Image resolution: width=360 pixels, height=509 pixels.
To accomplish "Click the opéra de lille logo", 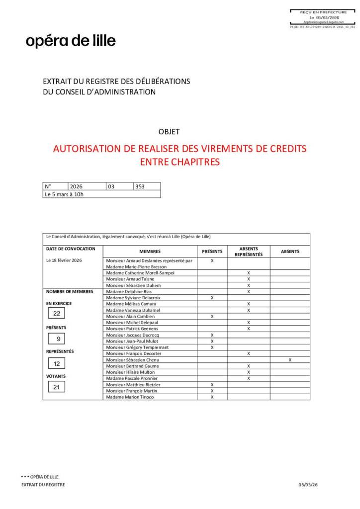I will coord(71,41).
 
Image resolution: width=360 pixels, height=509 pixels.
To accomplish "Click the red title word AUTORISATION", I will coord(87,149).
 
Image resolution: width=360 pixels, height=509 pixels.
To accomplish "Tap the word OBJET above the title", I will coord(169,132).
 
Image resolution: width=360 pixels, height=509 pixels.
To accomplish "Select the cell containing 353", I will coord(147,186).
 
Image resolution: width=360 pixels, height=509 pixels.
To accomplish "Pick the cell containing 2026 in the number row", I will coord(87,186).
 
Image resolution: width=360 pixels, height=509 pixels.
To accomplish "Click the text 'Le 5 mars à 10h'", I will coord(64,194).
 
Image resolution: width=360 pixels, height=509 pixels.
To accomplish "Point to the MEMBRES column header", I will coord(150,252).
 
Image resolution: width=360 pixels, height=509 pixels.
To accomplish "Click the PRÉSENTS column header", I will coord(212,252).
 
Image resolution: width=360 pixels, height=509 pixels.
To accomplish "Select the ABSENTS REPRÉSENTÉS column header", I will coord(248,252).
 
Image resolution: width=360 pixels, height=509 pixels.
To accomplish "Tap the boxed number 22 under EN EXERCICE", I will coord(57,314).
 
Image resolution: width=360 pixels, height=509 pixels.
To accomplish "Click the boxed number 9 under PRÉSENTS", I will coord(57,339).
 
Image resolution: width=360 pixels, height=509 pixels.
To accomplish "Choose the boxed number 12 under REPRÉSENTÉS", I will coord(57,363).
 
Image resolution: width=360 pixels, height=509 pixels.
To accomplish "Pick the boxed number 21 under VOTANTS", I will coord(57,387).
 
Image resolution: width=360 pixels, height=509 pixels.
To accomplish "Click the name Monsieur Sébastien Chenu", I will coord(131,359).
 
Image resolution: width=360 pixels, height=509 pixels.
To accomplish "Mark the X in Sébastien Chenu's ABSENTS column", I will coord(290,359).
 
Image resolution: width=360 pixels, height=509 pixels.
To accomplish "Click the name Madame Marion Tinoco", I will coord(130,397).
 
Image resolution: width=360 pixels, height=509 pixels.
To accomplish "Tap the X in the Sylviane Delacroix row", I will coord(212,298).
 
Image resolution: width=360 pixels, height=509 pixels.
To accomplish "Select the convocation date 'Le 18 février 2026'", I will coord(64,260).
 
